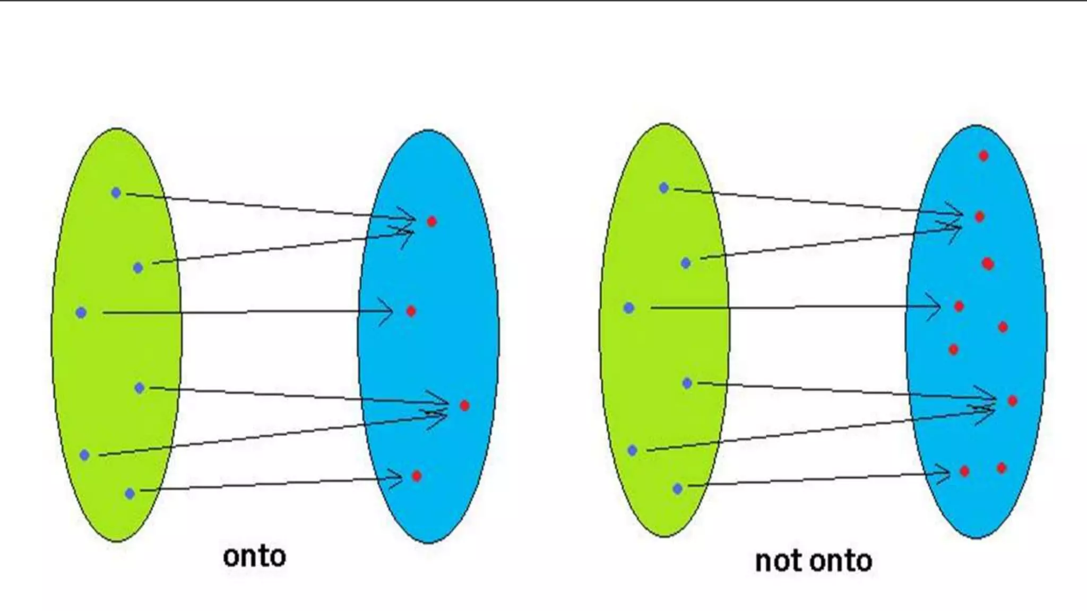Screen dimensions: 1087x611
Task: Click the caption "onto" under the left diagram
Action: point(254,556)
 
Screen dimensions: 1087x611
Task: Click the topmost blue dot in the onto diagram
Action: point(116,193)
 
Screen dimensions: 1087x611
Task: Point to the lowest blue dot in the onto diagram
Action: point(130,494)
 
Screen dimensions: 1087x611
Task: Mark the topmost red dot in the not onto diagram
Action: point(984,156)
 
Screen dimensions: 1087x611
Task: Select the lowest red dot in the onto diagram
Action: point(417,476)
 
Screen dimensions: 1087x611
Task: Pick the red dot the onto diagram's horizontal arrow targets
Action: point(411,311)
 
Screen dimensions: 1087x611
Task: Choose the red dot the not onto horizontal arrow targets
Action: point(959,306)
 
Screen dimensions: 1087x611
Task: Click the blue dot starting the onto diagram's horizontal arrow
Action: point(81,312)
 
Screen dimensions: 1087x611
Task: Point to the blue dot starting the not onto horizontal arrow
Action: point(629,308)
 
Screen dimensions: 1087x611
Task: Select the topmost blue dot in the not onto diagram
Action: point(663,188)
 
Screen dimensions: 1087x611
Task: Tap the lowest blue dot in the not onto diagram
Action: point(677,488)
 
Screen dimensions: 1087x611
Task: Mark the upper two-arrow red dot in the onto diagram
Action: point(432,221)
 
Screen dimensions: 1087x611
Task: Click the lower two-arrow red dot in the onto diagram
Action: point(464,406)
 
